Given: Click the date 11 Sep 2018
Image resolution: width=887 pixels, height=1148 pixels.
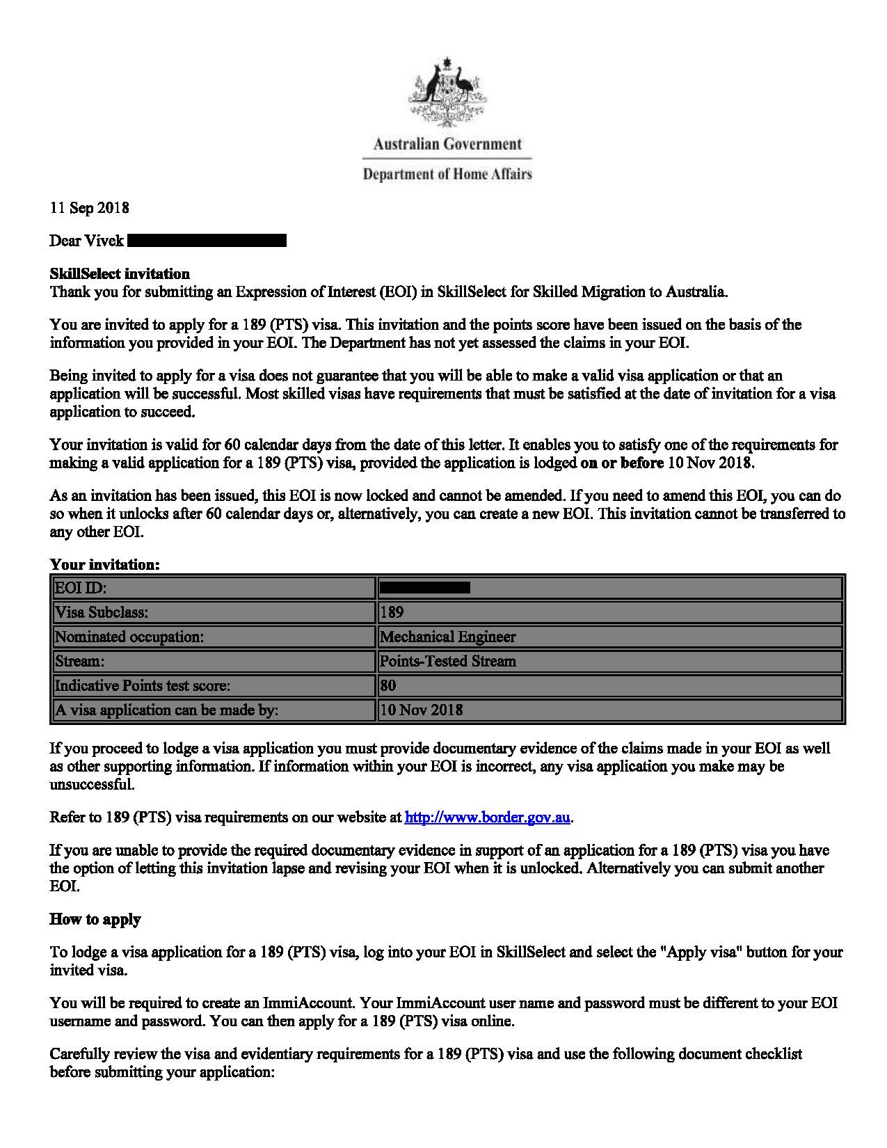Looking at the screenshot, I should tap(89, 208).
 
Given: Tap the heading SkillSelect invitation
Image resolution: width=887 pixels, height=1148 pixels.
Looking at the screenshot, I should tap(119, 273).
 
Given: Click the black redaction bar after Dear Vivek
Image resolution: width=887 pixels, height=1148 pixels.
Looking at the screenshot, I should tap(207, 241).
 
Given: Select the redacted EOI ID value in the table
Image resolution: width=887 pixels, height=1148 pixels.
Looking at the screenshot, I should tap(424, 588).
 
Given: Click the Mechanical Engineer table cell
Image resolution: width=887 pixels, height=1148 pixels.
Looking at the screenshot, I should tap(447, 637).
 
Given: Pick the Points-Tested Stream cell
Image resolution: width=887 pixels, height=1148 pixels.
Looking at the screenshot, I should tap(447, 661).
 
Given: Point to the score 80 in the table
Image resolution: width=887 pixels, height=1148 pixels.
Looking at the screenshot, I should tap(388, 685).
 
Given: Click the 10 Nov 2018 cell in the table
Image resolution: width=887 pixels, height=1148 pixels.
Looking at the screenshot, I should tap(422, 710).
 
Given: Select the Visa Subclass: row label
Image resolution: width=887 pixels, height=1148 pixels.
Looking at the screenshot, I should tap(102, 612).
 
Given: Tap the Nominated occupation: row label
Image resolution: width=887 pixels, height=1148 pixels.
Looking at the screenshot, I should tap(129, 637).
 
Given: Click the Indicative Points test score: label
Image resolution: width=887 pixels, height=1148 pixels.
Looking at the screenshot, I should tap(143, 685).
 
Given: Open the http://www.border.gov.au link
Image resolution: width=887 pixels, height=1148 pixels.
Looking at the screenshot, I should tap(488, 818).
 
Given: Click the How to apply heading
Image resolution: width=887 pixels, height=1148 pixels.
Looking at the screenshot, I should tap(95, 919).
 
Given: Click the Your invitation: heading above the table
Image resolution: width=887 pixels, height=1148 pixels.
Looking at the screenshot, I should tap(104, 564).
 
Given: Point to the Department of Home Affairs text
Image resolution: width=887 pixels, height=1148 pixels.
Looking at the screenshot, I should tap(447, 174).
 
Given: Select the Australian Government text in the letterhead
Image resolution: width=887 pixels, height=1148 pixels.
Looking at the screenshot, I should tap(447, 145).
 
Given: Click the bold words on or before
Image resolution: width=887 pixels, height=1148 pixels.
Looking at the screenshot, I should tap(621, 463).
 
